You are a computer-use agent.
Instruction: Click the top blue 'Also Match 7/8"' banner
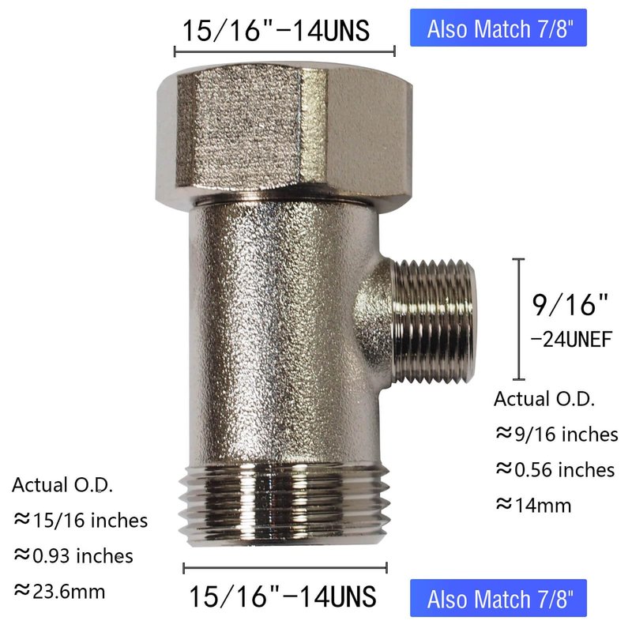pyautogui.click(x=498, y=28)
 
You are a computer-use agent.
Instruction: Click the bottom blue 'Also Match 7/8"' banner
pyautogui.click(x=498, y=598)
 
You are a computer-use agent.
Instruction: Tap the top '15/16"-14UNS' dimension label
pyautogui.click(x=276, y=31)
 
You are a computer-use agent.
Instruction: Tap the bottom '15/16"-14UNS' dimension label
pyautogui.click(x=282, y=596)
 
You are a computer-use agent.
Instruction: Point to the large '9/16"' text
pyautogui.click(x=570, y=305)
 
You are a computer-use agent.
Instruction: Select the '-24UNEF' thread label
pyautogui.click(x=571, y=340)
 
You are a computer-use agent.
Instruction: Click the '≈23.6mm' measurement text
pyautogui.click(x=60, y=591)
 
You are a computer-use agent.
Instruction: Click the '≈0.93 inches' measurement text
pyautogui.click(x=73, y=556)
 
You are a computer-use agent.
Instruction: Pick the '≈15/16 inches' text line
pyautogui.click(x=81, y=520)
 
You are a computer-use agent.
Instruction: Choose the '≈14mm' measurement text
pyautogui.click(x=533, y=505)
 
